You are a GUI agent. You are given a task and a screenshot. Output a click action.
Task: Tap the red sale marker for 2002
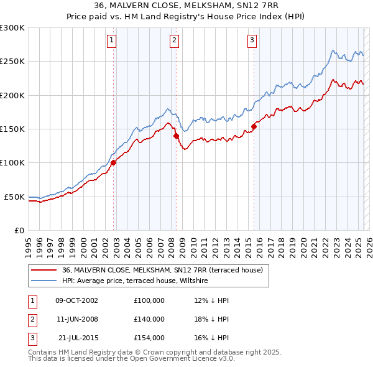tap(114, 163)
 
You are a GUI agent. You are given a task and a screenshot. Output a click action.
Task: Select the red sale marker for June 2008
tap(177, 136)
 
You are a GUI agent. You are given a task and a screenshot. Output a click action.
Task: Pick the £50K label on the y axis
tap(14, 197)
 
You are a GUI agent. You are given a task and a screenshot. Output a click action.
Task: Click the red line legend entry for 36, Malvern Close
tap(163, 270)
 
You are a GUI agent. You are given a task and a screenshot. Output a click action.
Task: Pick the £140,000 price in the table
tap(149, 319)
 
